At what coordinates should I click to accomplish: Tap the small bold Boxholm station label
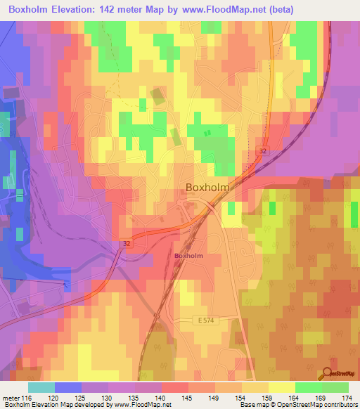[x=188, y=256]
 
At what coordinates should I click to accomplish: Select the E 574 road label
[x=203, y=320]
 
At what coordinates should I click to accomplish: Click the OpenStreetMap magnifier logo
[x=329, y=373]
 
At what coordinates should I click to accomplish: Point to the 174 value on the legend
[x=347, y=398]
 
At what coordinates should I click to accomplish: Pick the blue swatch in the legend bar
[x=68, y=387]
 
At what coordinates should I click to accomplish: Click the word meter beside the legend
[x=11, y=398]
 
